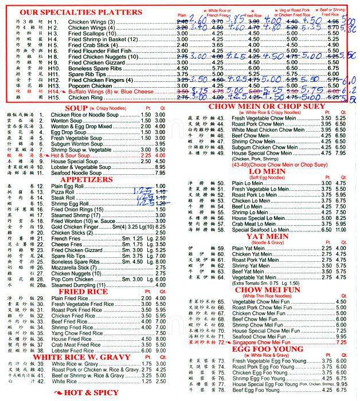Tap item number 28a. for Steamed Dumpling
click(x=41, y=284)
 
